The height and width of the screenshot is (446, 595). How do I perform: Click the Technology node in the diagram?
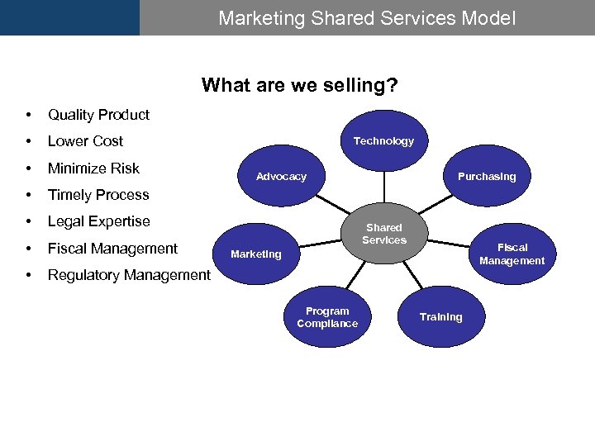click(383, 141)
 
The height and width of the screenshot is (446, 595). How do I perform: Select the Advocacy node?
click(281, 177)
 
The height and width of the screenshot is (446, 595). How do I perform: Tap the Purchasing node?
click(487, 177)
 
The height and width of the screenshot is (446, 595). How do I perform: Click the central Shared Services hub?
click(384, 234)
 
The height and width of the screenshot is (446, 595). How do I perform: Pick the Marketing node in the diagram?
click(256, 254)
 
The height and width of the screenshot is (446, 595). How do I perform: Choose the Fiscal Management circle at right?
click(512, 254)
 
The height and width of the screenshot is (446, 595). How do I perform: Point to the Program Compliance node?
click(327, 317)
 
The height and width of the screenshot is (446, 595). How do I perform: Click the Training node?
click(440, 317)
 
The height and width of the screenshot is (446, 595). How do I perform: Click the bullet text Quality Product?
click(98, 115)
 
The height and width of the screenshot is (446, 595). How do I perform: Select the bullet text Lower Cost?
click(85, 141)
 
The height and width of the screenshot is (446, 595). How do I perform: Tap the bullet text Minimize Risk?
click(93, 168)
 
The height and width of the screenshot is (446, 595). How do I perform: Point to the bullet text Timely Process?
click(98, 195)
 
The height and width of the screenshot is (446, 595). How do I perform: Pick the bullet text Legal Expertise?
click(99, 221)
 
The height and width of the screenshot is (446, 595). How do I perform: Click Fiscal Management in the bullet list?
click(112, 249)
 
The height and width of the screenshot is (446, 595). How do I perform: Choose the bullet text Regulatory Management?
click(129, 275)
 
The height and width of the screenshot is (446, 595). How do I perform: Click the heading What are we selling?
click(299, 85)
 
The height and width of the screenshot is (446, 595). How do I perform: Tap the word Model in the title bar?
click(489, 17)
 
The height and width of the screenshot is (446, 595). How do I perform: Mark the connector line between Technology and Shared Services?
click(383, 184)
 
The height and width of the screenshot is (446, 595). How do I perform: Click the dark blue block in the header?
click(69, 17)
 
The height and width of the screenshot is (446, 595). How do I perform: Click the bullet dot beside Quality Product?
click(29, 115)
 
